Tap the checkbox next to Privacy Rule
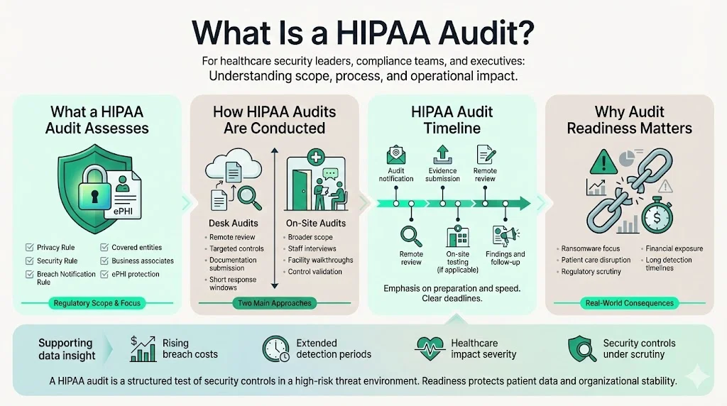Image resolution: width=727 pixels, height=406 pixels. point(29,248)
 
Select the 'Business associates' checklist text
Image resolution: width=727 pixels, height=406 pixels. point(142,260)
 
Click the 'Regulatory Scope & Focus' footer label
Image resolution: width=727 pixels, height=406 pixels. point(97,303)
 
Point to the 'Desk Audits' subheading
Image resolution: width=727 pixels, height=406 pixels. point(234,223)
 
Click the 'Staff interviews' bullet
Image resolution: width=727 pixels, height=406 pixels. point(312,249)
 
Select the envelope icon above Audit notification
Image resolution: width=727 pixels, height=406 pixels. point(395,155)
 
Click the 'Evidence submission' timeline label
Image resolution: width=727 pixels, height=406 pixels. point(442,175)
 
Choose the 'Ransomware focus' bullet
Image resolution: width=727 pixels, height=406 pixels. point(590,249)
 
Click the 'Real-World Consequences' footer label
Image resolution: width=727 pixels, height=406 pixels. point(628,303)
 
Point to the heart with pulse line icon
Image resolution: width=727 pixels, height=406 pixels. point(430,348)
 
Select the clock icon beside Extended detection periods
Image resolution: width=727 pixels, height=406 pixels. point(275,348)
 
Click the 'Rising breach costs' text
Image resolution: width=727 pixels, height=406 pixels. point(190,348)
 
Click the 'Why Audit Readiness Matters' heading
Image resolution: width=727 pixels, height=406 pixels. point(629,120)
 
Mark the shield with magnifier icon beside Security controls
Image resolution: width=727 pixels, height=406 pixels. point(581,348)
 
